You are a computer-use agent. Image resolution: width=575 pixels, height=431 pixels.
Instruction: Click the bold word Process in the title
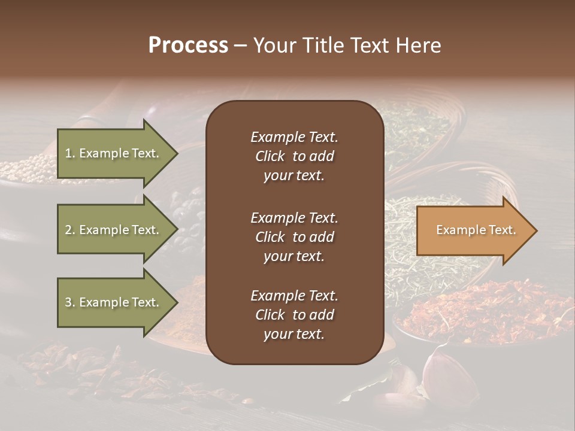[188, 45]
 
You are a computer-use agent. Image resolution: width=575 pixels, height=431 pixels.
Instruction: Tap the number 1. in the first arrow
[70, 153]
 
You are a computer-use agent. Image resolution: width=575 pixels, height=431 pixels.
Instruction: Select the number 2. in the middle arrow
[70, 230]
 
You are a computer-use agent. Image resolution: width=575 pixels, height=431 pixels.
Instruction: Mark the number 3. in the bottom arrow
[70, 302]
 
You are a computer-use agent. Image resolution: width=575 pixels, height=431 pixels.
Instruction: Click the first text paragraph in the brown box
[294, 156]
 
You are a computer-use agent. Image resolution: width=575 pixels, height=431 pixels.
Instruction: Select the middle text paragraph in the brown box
[294, 237]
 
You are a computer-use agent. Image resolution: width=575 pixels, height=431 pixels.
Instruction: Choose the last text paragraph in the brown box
[294, 315]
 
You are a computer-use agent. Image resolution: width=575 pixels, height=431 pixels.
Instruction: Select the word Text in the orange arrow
[502, 230]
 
